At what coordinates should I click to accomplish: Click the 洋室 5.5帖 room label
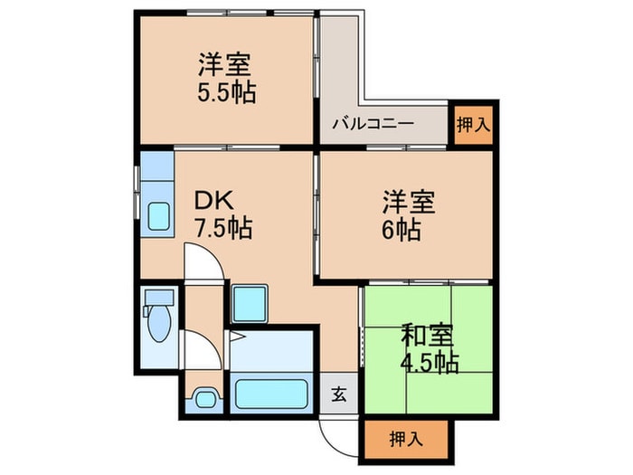(x=225, y=79)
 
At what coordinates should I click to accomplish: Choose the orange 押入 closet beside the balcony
(x=472, y=124)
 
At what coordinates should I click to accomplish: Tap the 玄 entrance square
(x=338, y=394)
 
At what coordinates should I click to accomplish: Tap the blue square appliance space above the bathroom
(x=249, y=303)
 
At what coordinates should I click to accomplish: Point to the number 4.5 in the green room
(x=417, y=363)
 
